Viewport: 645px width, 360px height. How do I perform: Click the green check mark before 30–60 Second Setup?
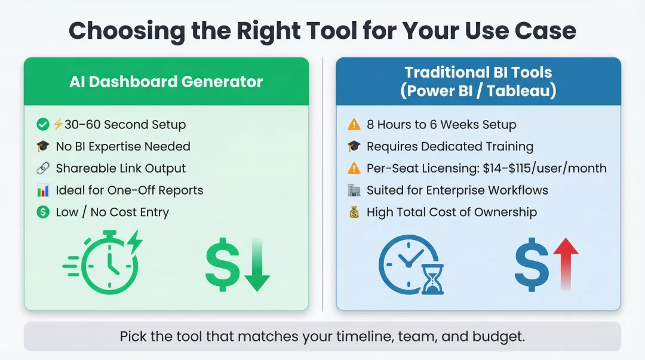42,124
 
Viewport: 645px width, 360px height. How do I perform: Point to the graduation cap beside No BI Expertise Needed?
42,146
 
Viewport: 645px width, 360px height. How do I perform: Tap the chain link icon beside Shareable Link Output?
42,168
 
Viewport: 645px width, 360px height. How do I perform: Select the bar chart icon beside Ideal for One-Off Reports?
42,190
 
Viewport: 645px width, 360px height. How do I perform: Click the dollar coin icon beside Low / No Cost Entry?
42,212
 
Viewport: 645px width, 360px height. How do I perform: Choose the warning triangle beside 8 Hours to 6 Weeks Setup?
354,125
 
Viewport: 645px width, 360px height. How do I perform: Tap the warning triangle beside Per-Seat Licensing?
354,168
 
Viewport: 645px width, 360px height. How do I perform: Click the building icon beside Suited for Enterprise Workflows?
354,190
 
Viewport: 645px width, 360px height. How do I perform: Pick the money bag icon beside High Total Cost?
354,212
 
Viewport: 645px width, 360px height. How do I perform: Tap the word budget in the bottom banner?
502,336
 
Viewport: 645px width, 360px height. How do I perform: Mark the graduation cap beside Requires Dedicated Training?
354,146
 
